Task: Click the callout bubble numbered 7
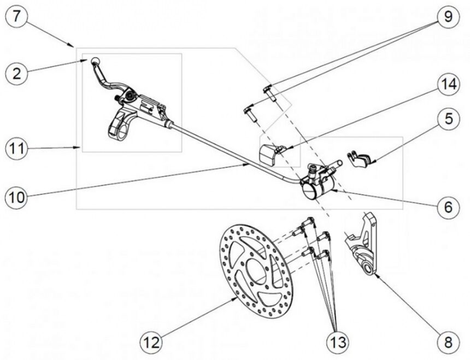(x=17, y=17)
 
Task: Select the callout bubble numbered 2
(x=17, y=73)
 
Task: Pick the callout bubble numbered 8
(x=448, y=343)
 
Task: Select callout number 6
(x=448, y=208)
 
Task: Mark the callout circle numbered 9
(x=448, y=17)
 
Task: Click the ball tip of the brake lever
(x=95, y=61)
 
